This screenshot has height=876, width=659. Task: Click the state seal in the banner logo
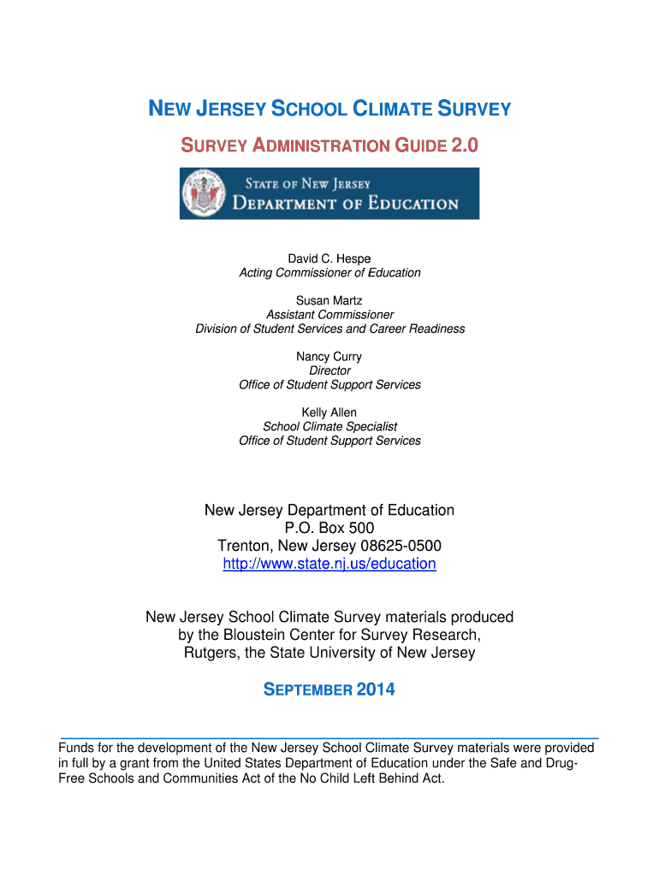(204, 193)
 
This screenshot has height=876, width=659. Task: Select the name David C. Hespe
(329, 258)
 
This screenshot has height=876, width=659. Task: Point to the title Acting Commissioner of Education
(329, 273)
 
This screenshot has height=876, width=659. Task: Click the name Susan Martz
(329, 300)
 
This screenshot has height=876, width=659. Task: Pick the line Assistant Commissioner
(329, 315)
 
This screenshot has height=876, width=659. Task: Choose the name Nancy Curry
(329, 357)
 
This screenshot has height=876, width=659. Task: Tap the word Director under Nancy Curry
(329, 370)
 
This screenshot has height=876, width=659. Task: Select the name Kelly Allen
(329, 412)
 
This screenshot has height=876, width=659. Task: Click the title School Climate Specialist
(329, 426)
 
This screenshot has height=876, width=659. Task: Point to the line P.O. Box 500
(329, 528)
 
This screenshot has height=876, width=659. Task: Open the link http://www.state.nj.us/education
(329, 564)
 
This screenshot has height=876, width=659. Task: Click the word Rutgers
(211, 653)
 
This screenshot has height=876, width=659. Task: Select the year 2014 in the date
(376, 690)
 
